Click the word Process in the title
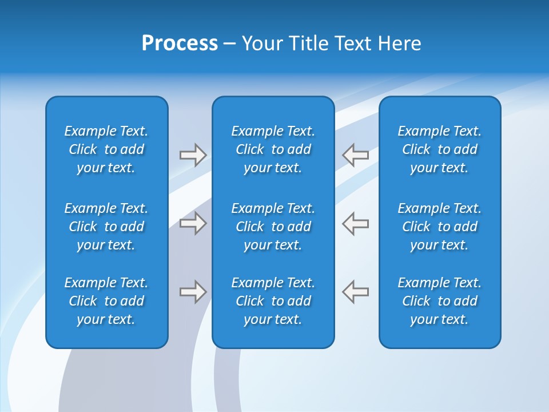(180, 43)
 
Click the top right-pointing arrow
(193, 155)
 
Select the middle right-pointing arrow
(193, 223)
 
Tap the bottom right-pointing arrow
(193, 292)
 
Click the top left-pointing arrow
(356, 154)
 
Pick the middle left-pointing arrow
(356, 223)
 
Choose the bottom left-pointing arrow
(356, 291)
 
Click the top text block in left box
(106, 149)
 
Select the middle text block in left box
(106, 227)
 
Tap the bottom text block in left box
(106, 301)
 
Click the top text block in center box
(273, 149)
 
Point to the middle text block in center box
(273, 227)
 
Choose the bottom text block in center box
(273, 301)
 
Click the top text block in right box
(440, 149)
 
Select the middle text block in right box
(440, 227)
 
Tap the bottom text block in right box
(440, 301)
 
